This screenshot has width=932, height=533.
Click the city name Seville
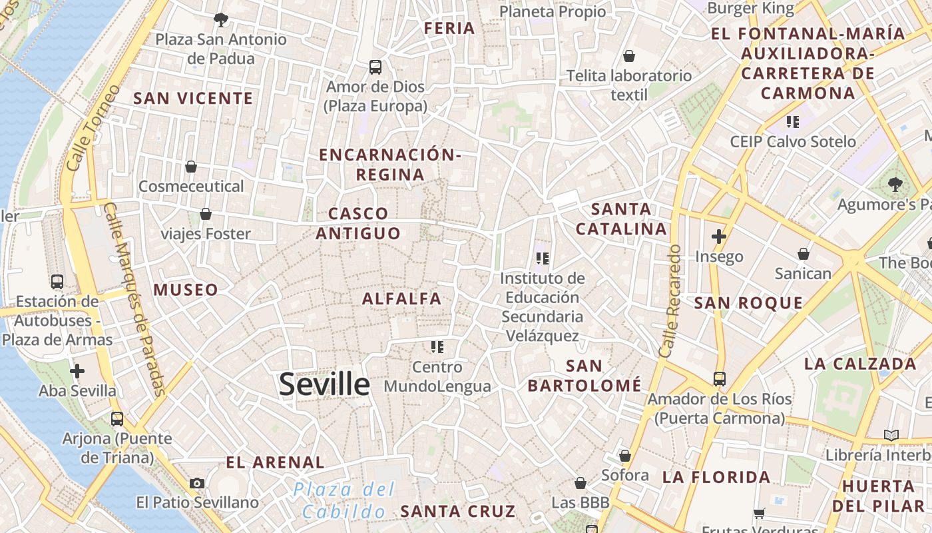coord(324,384)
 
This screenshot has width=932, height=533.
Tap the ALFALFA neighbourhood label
coord(401,299)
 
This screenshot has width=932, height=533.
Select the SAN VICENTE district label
coord(193,99)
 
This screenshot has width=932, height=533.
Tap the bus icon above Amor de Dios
coord(375,67)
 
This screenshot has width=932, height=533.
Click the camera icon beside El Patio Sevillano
coord(197,483)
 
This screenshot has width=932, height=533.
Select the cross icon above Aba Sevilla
coord(77,371)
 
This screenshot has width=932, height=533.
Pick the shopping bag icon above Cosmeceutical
coord(191,167)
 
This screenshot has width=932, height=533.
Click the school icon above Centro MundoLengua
coord(437,347)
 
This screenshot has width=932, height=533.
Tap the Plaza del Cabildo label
coord(344,500)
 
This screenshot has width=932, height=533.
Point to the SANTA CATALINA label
coord(621,219)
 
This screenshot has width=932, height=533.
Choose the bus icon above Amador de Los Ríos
coord(720,379)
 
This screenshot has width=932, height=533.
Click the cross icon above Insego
coord(719,237)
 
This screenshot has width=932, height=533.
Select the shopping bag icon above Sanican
coord(804,254)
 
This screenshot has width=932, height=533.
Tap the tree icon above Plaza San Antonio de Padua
coord(221,20)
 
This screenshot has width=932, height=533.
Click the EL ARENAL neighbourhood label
coord(275,462)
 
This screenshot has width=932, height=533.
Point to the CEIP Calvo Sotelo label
coord(793,141)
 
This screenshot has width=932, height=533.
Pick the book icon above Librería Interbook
coord(891,436)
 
